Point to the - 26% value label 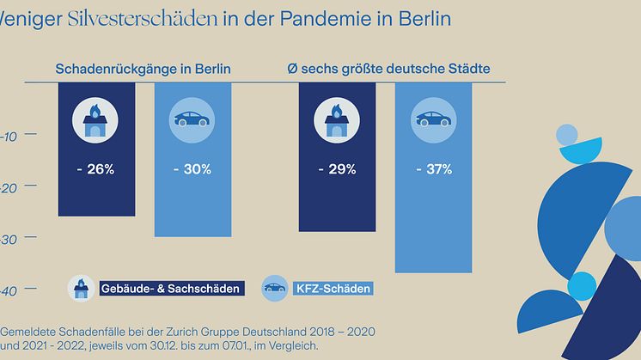point(95,169)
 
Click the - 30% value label point(192,169)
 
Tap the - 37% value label point(433,169)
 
